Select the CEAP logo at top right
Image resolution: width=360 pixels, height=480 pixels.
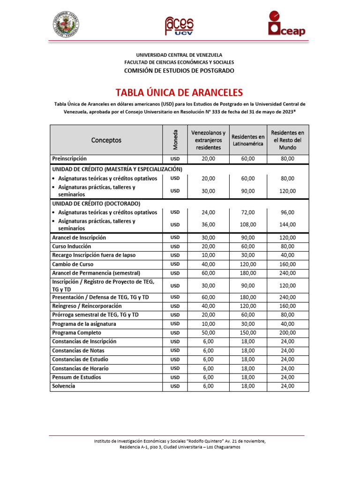[286, 23]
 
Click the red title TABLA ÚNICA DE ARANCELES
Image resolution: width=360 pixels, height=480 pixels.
[179, 92]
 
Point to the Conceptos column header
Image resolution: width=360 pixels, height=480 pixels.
[106, 140]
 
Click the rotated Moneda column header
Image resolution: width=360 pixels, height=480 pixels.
[175, 140]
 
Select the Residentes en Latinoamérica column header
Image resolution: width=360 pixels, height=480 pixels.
[248, 140]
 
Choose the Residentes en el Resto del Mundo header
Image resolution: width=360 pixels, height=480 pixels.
[287, 140]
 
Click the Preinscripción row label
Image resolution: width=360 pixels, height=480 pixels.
[69, 159]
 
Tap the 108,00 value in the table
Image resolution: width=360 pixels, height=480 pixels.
[248, 225]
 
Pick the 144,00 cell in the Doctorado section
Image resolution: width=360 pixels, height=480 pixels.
[287, 225]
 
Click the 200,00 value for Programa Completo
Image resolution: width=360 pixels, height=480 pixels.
[287, 333]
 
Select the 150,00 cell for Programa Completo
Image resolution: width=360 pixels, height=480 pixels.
[248, 333]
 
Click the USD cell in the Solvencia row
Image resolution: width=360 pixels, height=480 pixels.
[175, 386]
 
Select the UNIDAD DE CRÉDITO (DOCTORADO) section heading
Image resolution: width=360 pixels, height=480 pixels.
[96, 204]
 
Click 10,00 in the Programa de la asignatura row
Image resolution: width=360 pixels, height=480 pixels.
[208, 324]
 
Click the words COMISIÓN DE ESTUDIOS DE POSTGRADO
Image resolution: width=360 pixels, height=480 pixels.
[179, 70]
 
